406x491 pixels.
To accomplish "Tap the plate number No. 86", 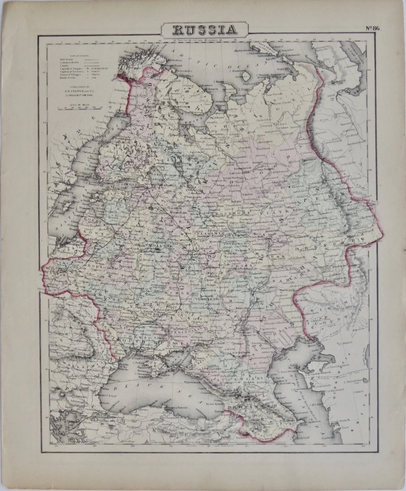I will tap(372, 28).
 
